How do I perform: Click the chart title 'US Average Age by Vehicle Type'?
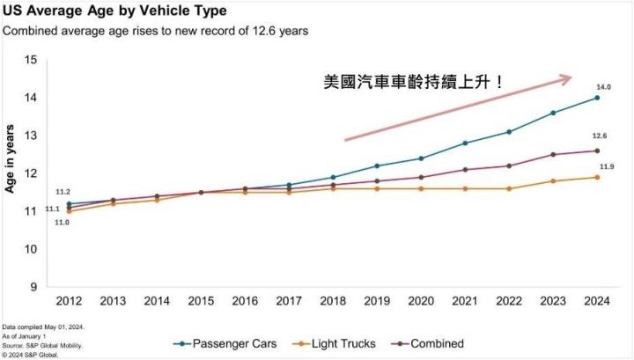pyautogui.click(x=114, y=11)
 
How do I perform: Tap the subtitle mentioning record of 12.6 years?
pyautogui.click(x=157, y=31)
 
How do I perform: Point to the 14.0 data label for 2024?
pyautogui.click(x=605, y=86)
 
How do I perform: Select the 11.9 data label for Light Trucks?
pyautogui.click(x=607, y=166)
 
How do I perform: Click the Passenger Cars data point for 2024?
pyautogui.click(x=597, y=98)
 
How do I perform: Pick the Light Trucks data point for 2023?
pyautogui.click(x=552, y=181)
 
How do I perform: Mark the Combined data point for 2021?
pyautogui.click(x=465, y=170)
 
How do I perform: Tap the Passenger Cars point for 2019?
pyautogui.click(x=377, y=165)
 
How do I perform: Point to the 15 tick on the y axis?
pyautogui.click(x=32, y=60)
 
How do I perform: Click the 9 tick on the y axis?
pyautogui.click(x=34, y=287)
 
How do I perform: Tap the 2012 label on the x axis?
pyautogui.click(x=69, y=300)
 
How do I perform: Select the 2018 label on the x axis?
pyautogui.click(x=333, y=300)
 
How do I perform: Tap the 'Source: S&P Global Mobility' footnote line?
pyautogui.click(x=42, y=345)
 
